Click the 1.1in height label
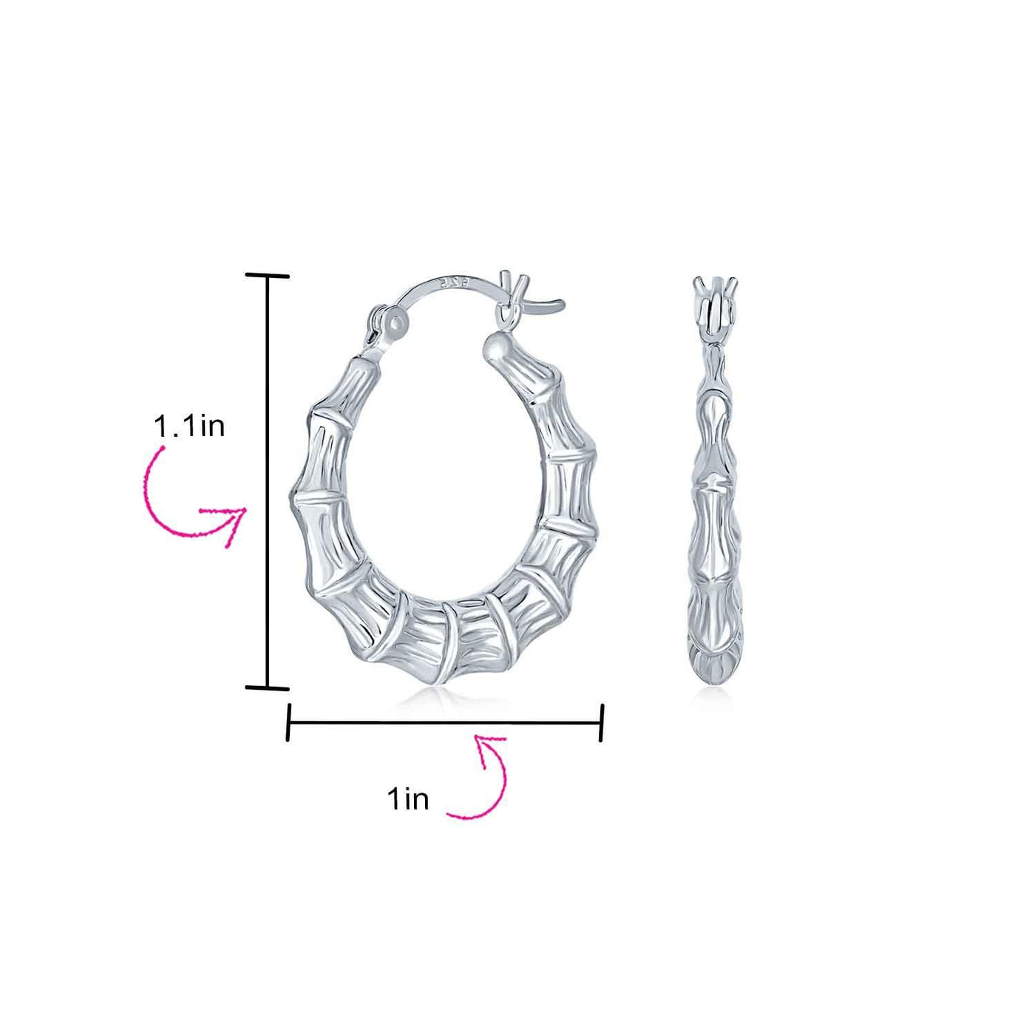(x=189, y=427)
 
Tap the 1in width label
(x=407, y=815)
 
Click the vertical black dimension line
(x=268, y=482)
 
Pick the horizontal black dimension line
(x=445, y=723)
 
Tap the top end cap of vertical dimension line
(x=268, y=276)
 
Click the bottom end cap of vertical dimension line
(x=268, y=688)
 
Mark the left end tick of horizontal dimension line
(x=289, y=723)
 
